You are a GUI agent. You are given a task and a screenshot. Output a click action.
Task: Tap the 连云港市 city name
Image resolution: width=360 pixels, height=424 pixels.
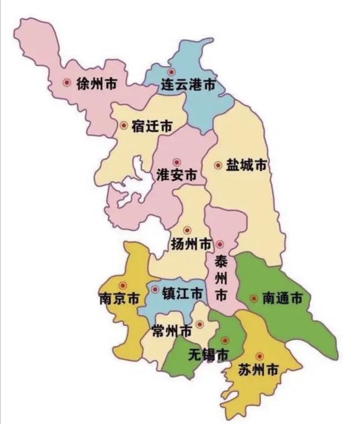click(188, 86)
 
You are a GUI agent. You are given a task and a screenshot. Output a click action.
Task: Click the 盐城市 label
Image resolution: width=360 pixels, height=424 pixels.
click(246, 165)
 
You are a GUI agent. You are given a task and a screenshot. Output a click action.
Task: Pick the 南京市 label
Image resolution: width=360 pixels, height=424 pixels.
click(119, 299)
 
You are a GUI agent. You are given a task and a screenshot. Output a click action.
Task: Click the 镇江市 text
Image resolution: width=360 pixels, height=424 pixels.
click(182, 293)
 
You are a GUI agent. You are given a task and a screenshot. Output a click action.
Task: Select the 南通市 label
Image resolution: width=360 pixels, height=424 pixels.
click(282, 299)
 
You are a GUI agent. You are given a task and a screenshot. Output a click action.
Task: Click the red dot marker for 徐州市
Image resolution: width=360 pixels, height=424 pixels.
click(67, 84)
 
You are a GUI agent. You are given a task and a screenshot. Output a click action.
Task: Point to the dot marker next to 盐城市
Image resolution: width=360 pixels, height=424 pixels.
click(218, 165)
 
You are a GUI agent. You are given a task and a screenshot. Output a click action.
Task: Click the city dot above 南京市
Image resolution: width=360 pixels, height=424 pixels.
click(122, 285)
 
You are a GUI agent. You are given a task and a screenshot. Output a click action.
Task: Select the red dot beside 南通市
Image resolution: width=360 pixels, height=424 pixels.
click(253, 299)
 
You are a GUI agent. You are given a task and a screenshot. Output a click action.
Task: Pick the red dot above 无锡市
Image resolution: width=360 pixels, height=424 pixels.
click(225, 340)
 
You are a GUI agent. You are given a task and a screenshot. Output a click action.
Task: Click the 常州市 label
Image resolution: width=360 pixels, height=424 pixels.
click(171, 331)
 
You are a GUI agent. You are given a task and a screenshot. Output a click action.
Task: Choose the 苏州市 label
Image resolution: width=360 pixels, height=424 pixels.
click(258, 369)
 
